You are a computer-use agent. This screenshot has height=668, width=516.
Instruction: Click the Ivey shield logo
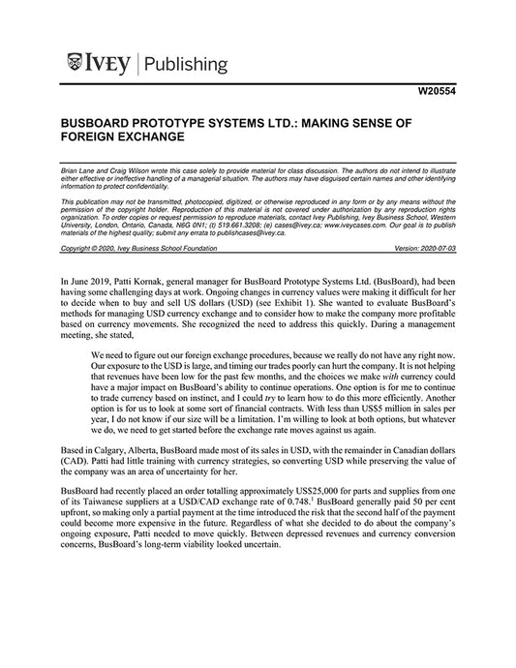point(76,64)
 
